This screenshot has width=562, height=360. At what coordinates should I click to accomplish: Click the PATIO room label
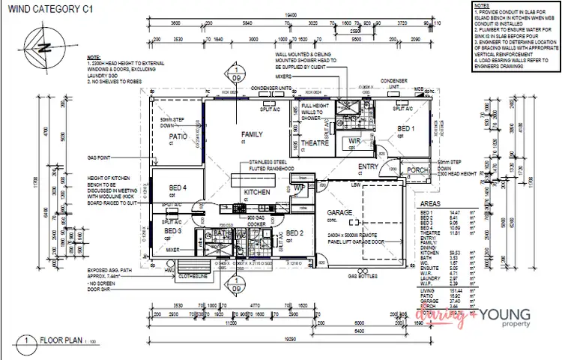pos(177,137)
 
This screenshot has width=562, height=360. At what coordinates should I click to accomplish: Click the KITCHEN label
pos(256,193)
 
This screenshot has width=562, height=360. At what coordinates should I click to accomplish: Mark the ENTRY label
pos(369,166)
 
